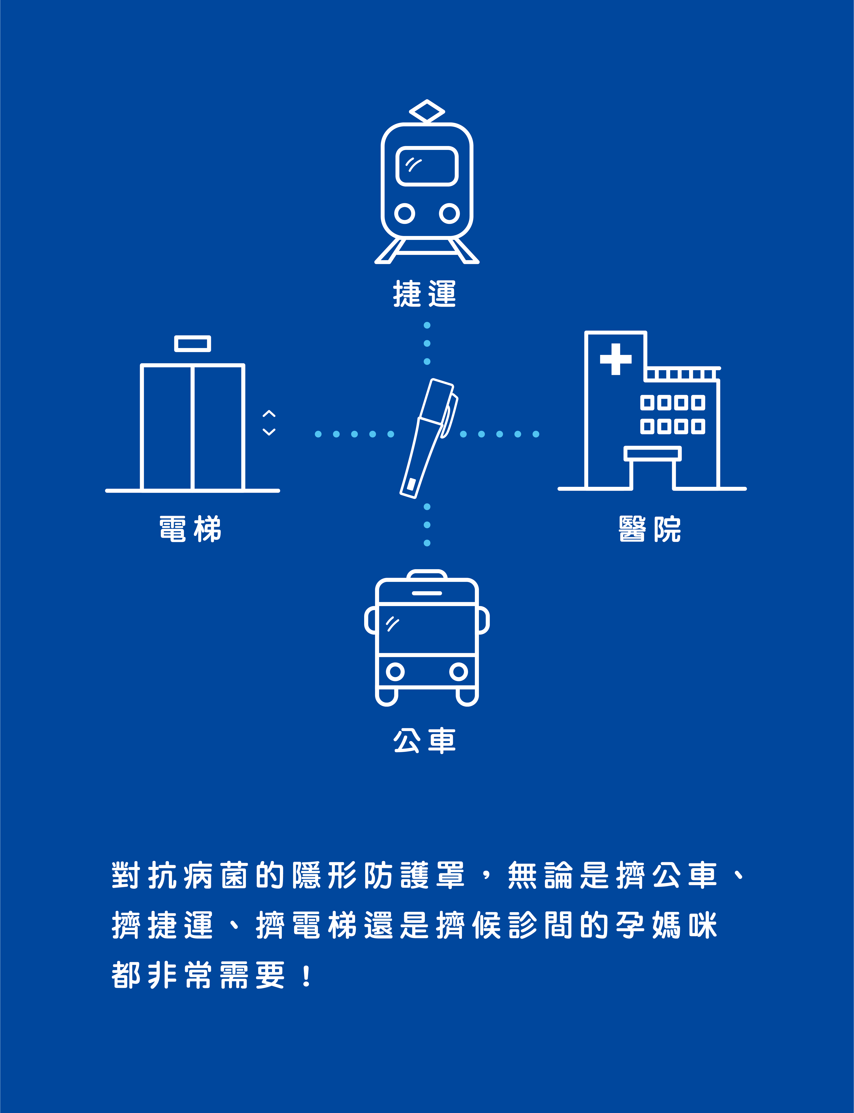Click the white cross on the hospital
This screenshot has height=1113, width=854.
(616, 359)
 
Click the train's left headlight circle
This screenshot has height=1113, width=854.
(405, 214)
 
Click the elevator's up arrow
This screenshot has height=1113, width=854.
(269, 413)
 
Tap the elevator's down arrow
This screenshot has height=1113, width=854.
(269, 432)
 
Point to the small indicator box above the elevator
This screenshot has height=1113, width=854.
(193, 344)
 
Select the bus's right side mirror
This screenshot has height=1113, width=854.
(483, 620)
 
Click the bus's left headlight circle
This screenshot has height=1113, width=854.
(395, 672)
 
